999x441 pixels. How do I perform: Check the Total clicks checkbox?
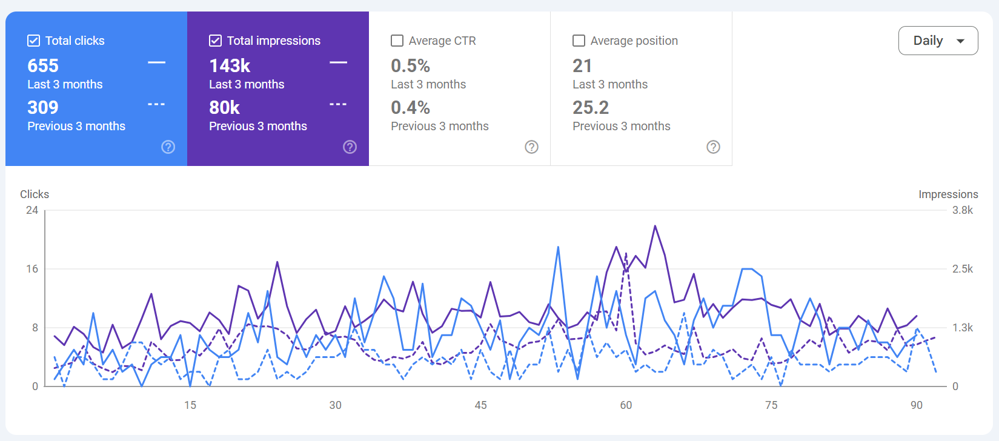tap(33, 41)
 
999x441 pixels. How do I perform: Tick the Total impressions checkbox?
tap(216, 41)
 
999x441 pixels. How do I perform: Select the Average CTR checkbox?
tap(397, 41)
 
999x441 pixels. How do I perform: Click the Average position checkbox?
tap(579, 41)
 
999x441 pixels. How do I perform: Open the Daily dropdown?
tap(938, 41)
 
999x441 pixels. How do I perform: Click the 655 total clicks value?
tap(43, 66)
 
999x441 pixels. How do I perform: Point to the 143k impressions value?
tap(230, 66)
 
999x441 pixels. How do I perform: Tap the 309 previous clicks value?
tap(43, 107)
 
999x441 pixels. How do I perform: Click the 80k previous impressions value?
tap(224, 107)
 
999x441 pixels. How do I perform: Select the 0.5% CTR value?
tap(410, 66)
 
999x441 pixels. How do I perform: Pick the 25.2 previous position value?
tap(591, 107)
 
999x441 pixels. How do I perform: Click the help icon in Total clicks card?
tap(168, 147)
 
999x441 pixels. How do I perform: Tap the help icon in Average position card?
tap(713, 147)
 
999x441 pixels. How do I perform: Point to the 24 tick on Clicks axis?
tap(32, 210)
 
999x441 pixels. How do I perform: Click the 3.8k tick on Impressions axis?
tap(963, 210)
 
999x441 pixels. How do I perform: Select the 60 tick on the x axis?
tap(626, 405)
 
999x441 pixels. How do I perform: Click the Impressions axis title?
tap(948, 194)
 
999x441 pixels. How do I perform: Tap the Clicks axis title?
tap(35, 194)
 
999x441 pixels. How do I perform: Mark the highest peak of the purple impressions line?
tap(655, 225)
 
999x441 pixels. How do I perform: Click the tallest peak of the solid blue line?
tap(558, 247)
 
